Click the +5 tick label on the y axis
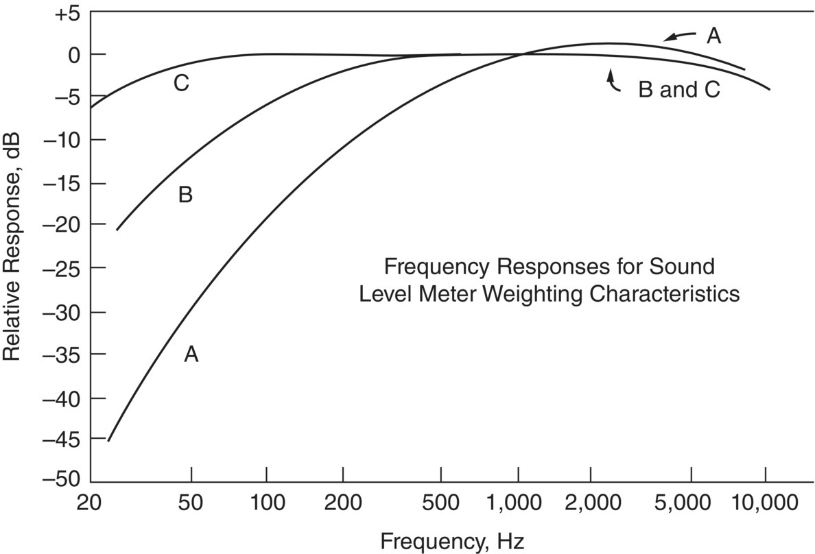67,13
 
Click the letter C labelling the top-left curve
180,84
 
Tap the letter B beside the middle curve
185,195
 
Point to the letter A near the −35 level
191,354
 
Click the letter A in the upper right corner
713,36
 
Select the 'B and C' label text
679,90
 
